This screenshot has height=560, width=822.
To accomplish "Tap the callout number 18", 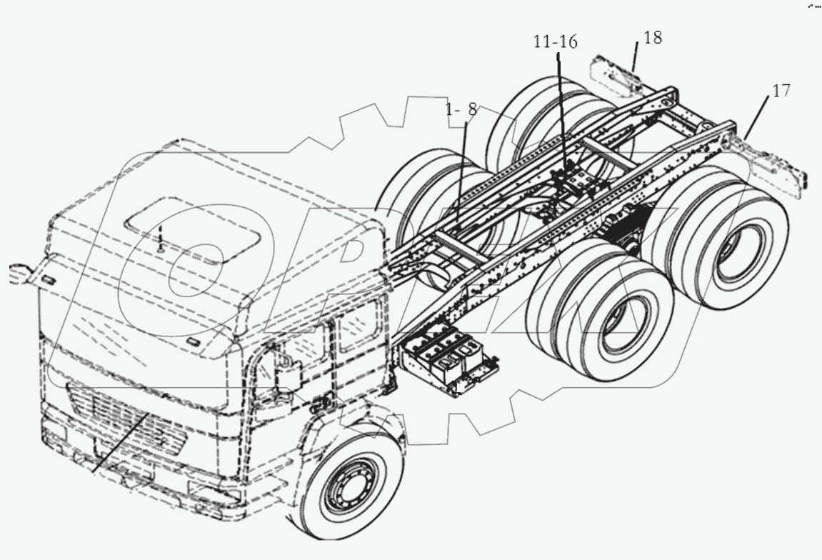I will [651, 38].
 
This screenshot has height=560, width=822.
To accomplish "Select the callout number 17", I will [781, 91].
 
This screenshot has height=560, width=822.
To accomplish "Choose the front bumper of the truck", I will [136, 475].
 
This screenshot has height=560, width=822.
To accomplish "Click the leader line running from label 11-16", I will [561, 107].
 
